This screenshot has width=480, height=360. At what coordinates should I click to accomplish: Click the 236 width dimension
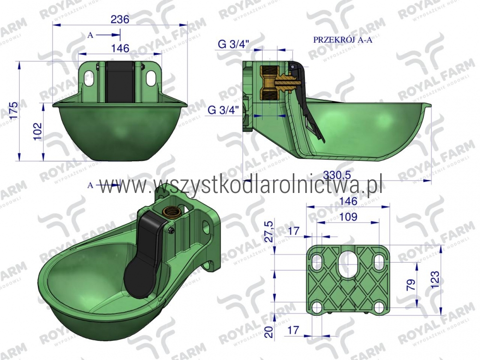[120, 19]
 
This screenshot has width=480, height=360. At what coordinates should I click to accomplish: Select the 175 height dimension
[13, 112]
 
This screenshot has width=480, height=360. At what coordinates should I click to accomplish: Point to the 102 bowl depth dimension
[37, 132]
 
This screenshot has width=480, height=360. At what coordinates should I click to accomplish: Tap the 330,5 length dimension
[337, 175]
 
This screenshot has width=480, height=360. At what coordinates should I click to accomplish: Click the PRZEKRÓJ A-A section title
[343, 40]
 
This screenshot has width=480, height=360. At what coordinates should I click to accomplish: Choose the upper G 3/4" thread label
[234, 44]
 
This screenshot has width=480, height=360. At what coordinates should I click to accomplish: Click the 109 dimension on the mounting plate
[348, 217]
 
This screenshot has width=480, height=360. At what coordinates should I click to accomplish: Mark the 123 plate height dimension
[435, 279]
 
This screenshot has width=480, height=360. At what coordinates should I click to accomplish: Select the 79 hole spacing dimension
[411, 285]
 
